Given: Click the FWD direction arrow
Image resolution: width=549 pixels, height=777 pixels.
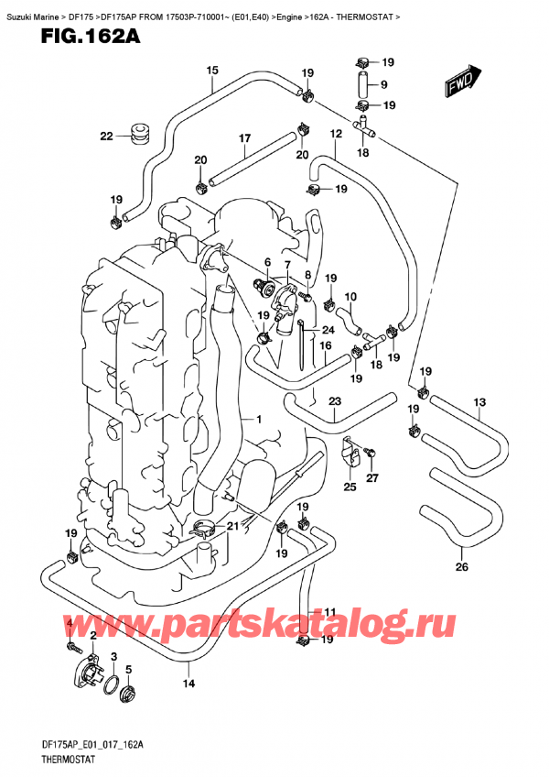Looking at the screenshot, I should coord(463,81).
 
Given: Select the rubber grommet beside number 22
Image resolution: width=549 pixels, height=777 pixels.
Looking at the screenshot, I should coord(140,134).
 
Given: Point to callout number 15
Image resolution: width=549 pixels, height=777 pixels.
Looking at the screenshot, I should coord(212,71).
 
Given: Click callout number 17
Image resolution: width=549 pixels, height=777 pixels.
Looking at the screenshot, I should coord(244,139).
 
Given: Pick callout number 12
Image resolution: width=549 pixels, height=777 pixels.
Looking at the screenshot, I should coord(336,134).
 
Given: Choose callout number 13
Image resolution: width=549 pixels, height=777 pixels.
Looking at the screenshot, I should coord(479,401).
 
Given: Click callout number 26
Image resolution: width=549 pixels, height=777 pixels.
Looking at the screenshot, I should coord(461,565).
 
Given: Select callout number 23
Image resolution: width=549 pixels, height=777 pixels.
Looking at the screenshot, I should coord(334,400).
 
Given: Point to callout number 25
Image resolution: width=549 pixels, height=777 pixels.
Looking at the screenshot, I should coord(349,487).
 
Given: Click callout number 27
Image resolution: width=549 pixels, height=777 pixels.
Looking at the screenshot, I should coord(372,477).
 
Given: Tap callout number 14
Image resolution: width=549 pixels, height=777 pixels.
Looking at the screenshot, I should coord(188,683).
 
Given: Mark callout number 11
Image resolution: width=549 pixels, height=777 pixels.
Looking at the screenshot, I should coord(330,612).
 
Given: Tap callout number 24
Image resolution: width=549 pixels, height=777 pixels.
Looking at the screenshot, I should coord(327,331).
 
